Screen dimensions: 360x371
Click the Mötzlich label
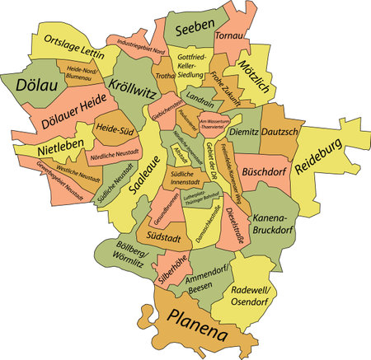[x=253, y=77]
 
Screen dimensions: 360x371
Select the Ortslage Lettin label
[x=75, y=49]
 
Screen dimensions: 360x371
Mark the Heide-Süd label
[x=113, y=129]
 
